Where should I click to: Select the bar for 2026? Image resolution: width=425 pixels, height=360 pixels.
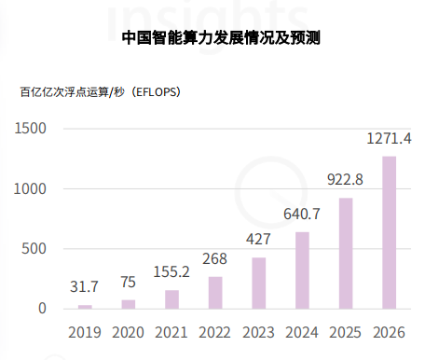point(389,232)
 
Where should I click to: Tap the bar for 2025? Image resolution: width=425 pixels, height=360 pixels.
point(345,253)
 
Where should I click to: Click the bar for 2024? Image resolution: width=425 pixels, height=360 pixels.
point(302,270)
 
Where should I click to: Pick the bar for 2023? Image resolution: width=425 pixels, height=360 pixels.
point(258,283)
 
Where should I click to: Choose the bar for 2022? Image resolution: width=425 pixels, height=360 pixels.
point(215,292)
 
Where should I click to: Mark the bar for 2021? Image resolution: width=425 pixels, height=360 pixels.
point(171,298)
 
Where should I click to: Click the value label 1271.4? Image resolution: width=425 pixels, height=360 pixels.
point(388,139)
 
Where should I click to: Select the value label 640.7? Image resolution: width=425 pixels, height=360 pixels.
point(302,214)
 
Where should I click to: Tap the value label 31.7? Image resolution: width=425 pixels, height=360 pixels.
point(85,285)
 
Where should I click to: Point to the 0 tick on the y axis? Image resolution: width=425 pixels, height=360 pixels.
point(42,308)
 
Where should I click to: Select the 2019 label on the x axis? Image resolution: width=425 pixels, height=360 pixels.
point(85,331)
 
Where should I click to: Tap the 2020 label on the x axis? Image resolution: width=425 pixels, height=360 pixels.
point(129,331)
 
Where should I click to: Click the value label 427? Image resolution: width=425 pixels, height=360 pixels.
point(258,239)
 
